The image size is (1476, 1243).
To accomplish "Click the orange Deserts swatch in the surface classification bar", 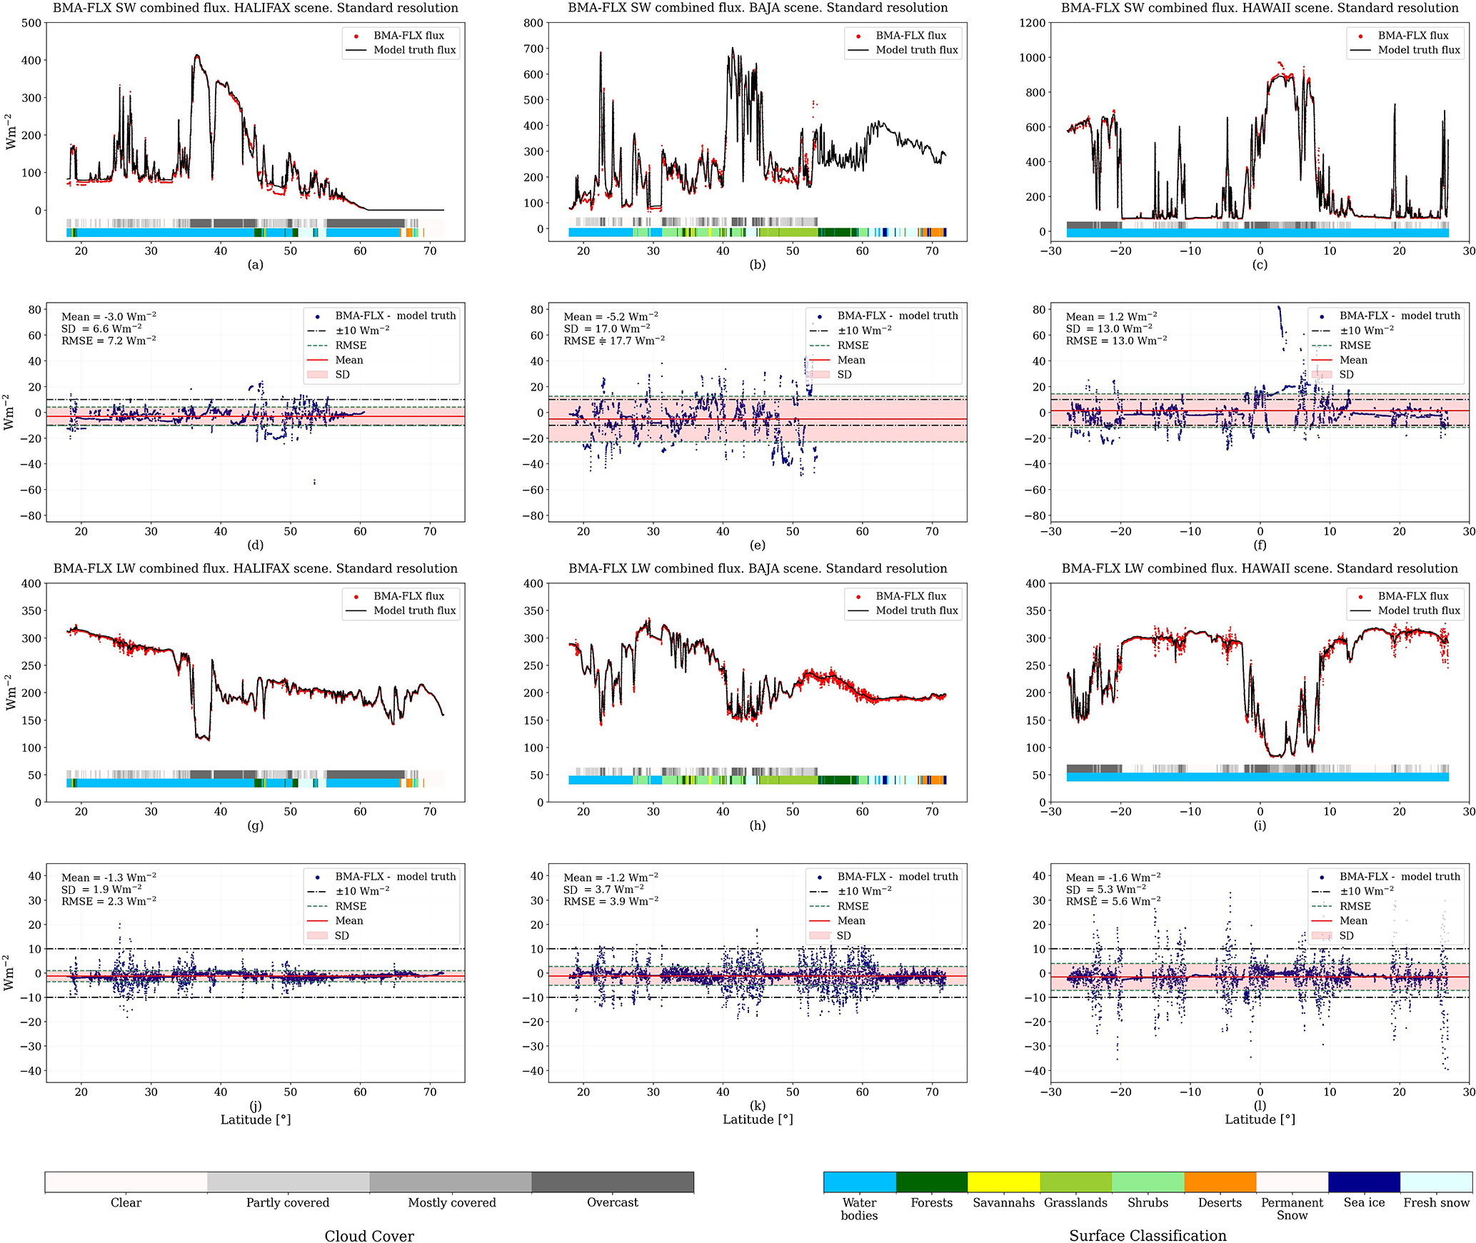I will pos(1220,1182).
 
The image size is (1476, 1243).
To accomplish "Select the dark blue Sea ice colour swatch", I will pos(1364,1182).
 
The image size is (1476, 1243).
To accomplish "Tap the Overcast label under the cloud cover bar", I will pos(612,1202).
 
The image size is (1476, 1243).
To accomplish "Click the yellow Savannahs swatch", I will pos(1003,1182).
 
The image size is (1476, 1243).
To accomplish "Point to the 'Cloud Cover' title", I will pos(369,1236).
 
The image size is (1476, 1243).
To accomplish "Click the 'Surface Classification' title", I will pos(1148,1236).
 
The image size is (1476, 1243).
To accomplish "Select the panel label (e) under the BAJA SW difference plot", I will pos(758,545).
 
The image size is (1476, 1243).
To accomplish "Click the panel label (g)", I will pos(255,825).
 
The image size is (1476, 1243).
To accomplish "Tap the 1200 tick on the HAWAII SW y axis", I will pos(1032,23).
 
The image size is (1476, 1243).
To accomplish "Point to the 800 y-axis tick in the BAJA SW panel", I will pos(533,23).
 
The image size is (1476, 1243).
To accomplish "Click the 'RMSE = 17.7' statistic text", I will pos(614,341).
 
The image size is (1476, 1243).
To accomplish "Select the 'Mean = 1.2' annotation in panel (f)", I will pos(1112,316).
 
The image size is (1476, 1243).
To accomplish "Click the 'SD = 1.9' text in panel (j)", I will pos(101,890).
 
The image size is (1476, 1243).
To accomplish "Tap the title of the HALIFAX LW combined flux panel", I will pos(255,568).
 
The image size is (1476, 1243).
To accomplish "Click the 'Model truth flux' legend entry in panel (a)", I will pos(414,50).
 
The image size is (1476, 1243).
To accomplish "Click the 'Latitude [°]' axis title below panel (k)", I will pos(758,1119).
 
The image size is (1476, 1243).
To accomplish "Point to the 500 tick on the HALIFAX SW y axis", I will pos(31,23).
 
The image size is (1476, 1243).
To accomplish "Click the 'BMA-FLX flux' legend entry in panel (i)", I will pos(1412,596).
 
